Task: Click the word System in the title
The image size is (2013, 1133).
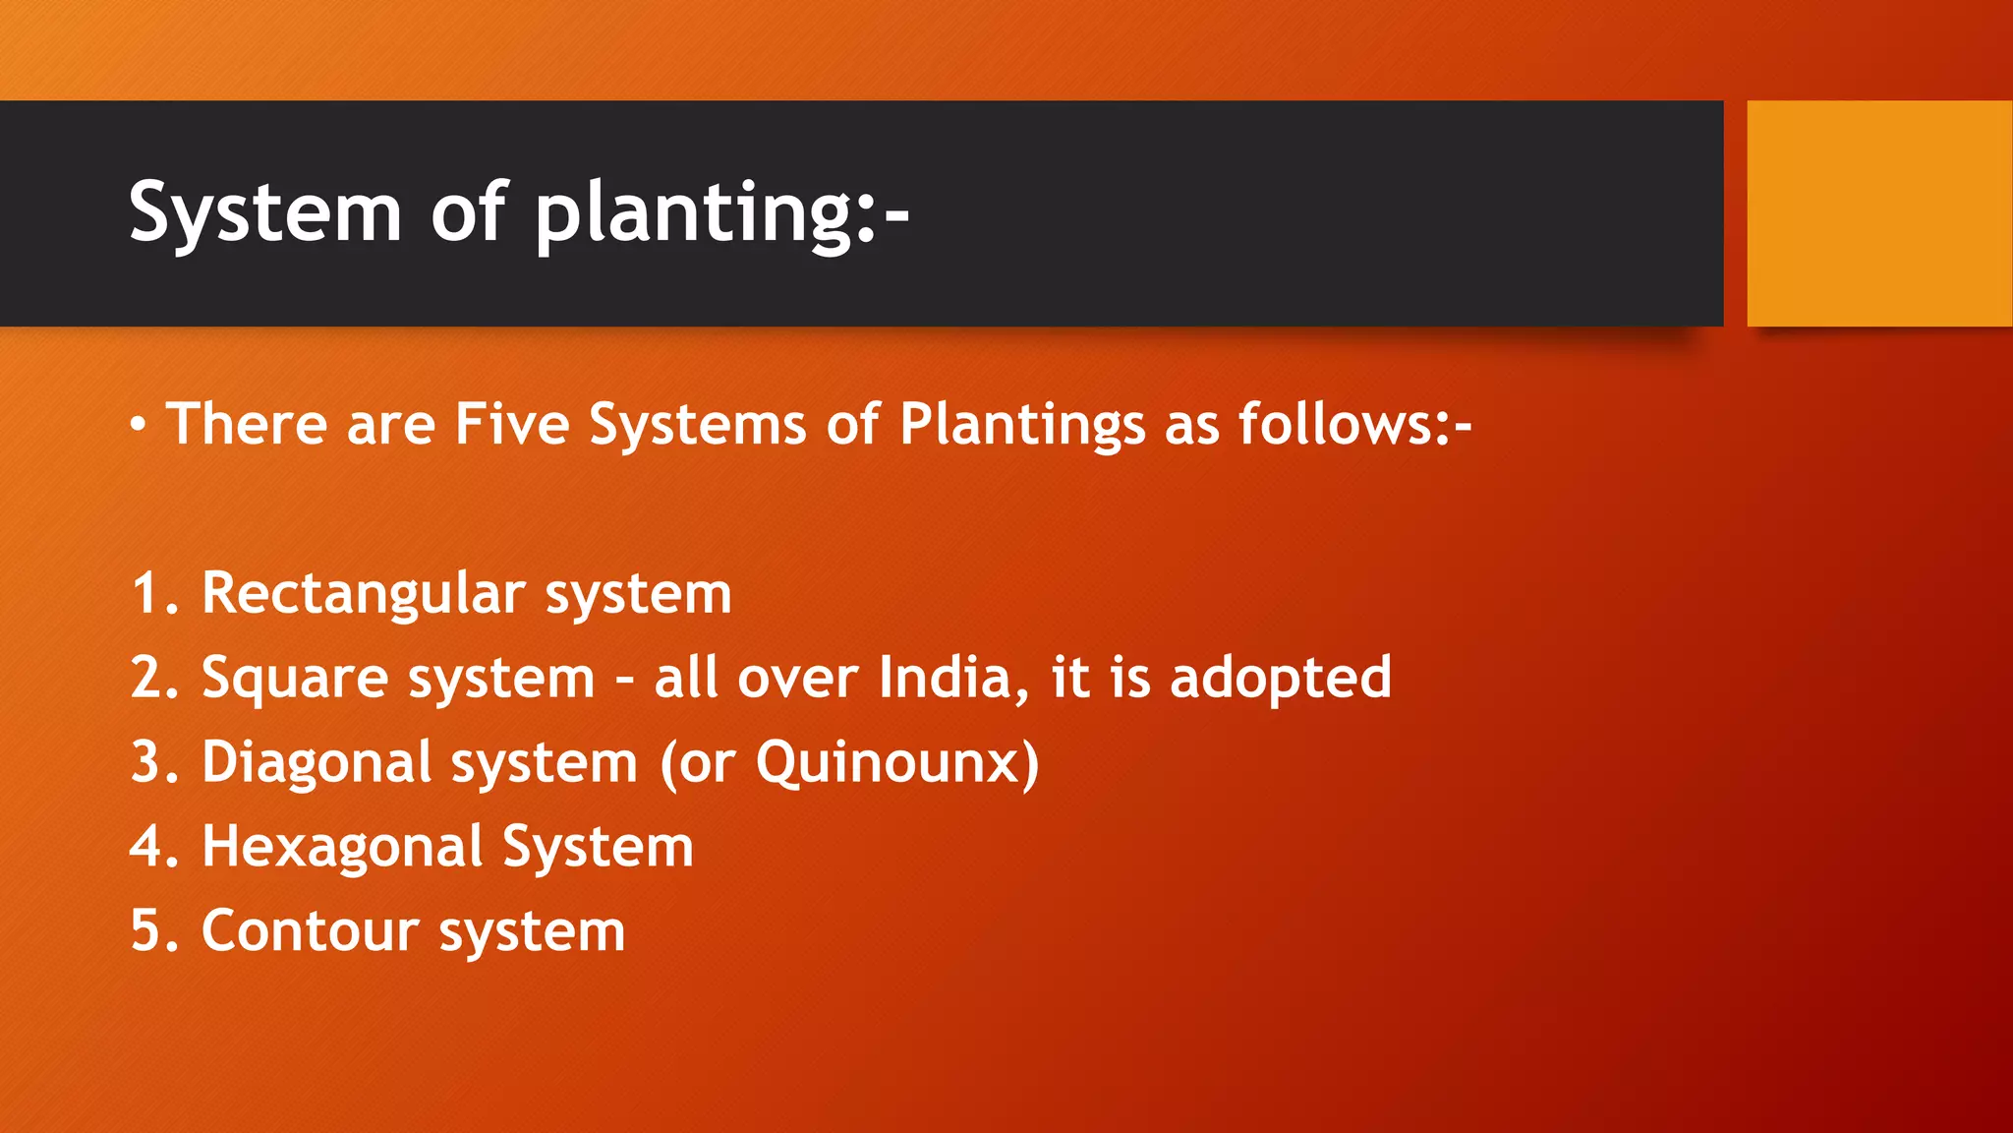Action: [265, 212]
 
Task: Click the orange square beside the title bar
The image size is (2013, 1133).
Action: [1878, 212]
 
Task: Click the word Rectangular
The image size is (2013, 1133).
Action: [364, 594]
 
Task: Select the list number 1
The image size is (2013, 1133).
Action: [145, 594]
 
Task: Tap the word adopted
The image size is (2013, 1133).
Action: [1281, 680]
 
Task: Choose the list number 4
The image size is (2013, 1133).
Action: [145, 848]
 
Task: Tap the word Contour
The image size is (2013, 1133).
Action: [311, 931]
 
